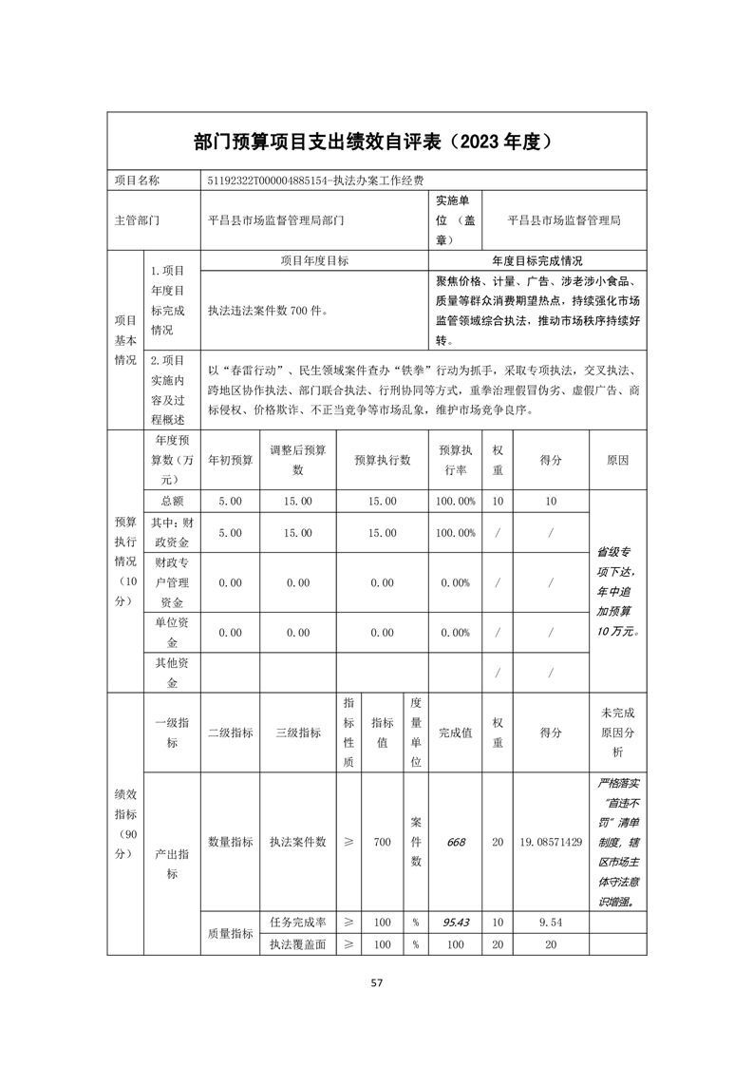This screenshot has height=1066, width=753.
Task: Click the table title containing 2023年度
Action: (376, 142)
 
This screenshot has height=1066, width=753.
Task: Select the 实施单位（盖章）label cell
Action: (456, 220)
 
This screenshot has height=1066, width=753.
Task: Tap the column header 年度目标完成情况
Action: (537, 259)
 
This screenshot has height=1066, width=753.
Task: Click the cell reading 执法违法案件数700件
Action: (268, 310)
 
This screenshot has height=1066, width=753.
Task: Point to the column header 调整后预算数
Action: (297, 460)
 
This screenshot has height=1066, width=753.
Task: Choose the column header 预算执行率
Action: (455, 460)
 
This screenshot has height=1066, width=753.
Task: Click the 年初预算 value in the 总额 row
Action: (230, 501)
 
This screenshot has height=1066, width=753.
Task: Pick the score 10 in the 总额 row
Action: (551, 501)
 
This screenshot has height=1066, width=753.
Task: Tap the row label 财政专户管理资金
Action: (172, 582)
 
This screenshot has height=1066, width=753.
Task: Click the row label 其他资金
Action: (172, 674)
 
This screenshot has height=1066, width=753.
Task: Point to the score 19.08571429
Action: (551, 842)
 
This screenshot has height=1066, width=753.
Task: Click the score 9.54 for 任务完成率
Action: (551, 923)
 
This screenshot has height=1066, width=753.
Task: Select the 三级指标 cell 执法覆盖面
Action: (297, 944)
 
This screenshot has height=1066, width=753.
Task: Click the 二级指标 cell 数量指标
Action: (230, 842)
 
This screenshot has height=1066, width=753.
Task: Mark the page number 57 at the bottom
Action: (376, 983)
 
